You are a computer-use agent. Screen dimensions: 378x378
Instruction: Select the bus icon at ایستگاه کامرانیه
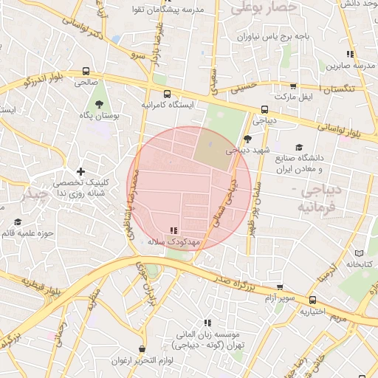[168, 94]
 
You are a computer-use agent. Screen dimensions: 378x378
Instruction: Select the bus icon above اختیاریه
[313, 300]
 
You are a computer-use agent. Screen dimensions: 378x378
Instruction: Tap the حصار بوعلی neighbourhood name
[263, 8]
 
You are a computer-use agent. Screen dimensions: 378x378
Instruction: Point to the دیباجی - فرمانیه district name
[319, 199]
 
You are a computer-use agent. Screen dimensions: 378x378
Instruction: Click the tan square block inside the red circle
[211, 147]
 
